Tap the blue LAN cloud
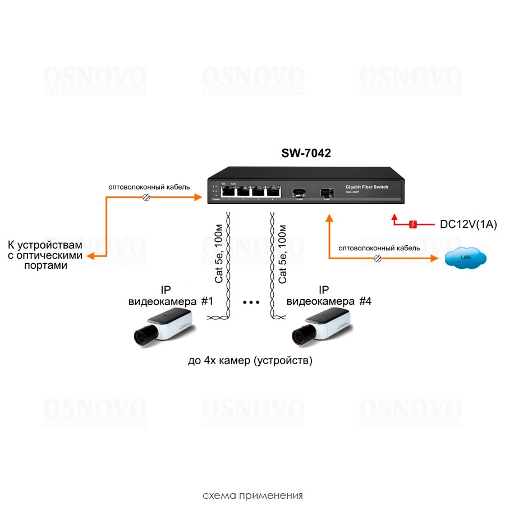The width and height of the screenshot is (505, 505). pyautogui.click(x=465, y=258)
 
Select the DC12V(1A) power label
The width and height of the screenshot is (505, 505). pyautogui.click(x=469, y=224)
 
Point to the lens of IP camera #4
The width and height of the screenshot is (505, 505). pyautogui.click(x=297, y=336)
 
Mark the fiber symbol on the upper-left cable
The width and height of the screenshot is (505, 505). pyautogui.click(x=147, y=198)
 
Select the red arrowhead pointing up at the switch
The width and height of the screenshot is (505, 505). pyautogui.click(x=394, y=216)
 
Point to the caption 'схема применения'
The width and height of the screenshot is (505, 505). pyautogui.click(x=252, y=495)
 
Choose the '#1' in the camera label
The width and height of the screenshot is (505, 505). pyautogui.click(x=207, y=301)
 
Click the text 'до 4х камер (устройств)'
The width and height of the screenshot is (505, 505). pyautogui.click(x=250, y=360)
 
